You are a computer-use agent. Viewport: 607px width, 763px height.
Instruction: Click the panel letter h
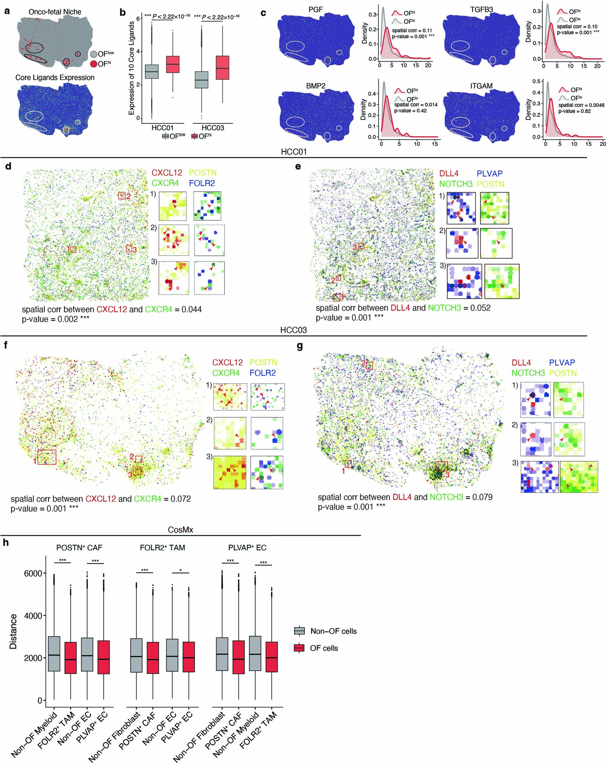6,542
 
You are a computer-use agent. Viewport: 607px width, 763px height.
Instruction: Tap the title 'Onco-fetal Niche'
55,12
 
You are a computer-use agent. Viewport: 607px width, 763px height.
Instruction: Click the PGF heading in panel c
315,10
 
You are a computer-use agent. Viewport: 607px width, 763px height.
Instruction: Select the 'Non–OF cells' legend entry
333,631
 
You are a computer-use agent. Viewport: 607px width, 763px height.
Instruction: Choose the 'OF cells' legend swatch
299,648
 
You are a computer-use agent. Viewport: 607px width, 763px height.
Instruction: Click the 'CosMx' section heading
180,530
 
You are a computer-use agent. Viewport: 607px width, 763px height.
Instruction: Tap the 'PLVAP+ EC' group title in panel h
247,547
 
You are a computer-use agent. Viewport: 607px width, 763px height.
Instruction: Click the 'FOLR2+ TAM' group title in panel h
162,547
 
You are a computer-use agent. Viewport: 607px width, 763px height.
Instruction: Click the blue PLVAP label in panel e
489,173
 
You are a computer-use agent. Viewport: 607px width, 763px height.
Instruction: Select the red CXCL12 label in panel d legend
167,173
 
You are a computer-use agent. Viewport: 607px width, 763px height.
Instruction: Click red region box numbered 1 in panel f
47,457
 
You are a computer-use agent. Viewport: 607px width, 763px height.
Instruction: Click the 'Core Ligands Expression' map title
55,78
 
